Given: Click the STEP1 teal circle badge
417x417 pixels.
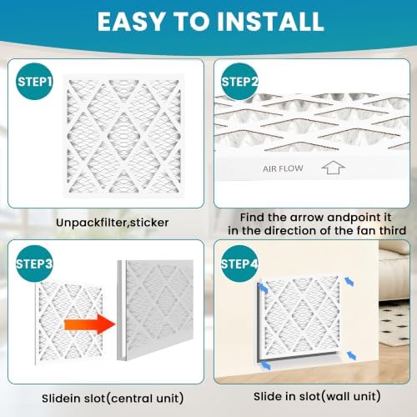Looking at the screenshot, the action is [34, 82].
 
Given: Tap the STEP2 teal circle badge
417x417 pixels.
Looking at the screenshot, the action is [239, 82].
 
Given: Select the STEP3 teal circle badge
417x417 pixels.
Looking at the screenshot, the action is [34, 264].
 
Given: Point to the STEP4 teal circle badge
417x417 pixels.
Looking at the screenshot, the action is [239, 264].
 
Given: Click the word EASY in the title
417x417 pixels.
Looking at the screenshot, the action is [131, 22].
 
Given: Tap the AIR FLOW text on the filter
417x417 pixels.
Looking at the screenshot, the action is [283, 168].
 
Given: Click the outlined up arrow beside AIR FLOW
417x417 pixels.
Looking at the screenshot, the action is [333, 167].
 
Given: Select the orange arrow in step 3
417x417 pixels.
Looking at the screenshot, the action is [89, 324].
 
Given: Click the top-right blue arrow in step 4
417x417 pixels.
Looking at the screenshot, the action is [349, 281].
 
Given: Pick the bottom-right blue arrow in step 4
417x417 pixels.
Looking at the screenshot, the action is [351, 355].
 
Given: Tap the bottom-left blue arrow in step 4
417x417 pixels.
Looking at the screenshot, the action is [265, 364].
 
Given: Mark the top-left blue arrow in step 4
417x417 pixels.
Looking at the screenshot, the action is [263, 288].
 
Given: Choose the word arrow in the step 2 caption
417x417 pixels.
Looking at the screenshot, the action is [307, 218].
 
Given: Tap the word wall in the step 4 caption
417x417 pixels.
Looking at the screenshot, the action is [336, 396].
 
